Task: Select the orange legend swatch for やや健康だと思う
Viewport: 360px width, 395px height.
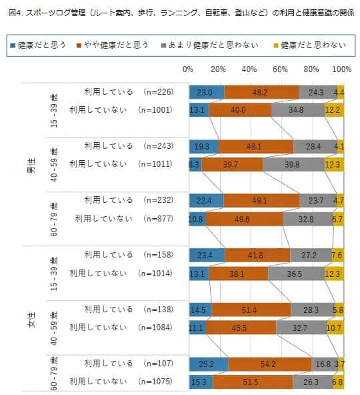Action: pos(80,45)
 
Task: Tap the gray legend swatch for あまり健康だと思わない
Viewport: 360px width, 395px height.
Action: pos(164,45)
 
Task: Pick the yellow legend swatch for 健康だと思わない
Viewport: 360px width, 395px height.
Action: pos(275,45)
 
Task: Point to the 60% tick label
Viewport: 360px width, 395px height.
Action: pos(281,69)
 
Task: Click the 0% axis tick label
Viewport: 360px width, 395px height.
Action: pos(189,69)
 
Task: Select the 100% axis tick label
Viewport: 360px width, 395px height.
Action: pos(341,69)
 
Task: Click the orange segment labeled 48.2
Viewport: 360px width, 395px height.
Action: pos(262,93)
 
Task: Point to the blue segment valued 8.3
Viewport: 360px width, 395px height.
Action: pos(195,164)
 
